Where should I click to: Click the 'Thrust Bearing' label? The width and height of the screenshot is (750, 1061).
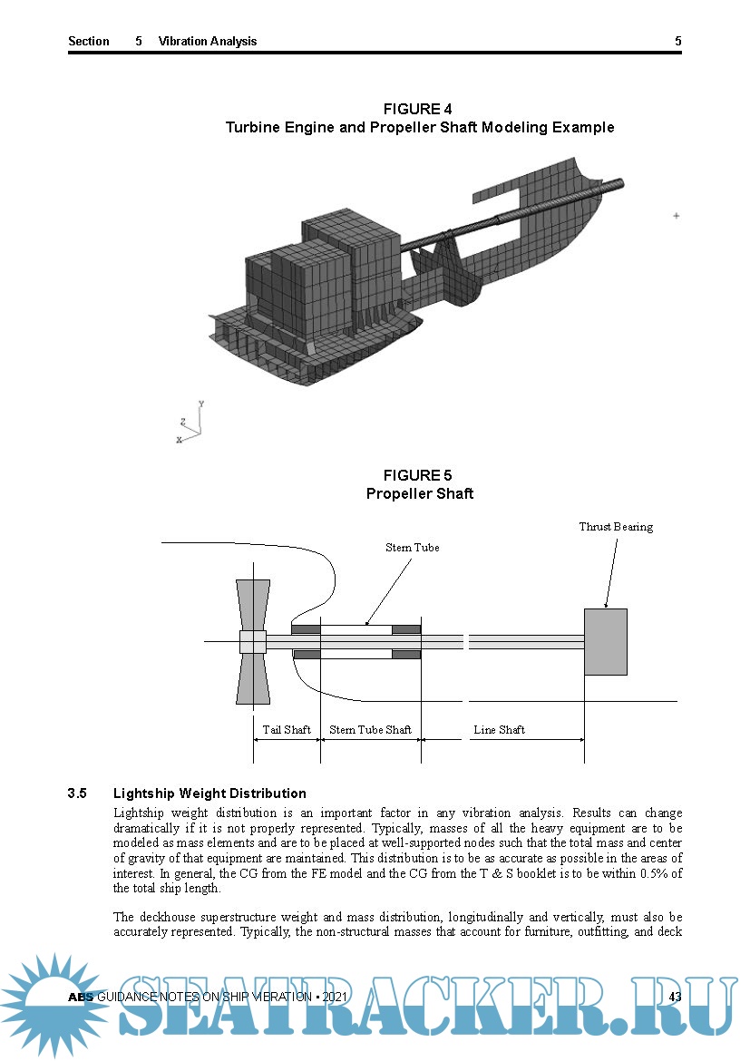tap(616, 527)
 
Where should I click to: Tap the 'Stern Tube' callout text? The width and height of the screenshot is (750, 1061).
tap(413, 548)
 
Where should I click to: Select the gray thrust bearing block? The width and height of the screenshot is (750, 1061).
tap(605, 641)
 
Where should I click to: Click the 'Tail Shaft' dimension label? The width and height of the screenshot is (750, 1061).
tap(287, 729)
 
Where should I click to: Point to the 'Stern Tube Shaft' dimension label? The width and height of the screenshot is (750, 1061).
tap(370, 729)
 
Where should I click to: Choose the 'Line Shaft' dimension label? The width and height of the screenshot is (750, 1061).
tap(499, 729)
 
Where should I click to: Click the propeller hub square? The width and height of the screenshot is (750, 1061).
tap(252, 641)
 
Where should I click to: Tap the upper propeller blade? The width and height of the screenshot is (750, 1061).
tap(252, 604)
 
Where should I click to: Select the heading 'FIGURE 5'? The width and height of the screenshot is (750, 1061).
tap(418, 475)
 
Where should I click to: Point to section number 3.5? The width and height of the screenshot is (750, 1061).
tap(77, 793)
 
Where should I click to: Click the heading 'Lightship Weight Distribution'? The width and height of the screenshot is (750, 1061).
tap(209, 793)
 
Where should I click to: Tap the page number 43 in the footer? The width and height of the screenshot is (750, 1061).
tap(675, 998)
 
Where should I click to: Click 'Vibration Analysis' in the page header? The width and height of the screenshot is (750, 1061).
tap(208, 41)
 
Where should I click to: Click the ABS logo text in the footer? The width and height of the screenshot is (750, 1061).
tap(81, 998)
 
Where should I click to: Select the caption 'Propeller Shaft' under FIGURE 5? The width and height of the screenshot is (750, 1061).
tap(420, 494)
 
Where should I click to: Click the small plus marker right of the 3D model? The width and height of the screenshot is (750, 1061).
tap(676, 216)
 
